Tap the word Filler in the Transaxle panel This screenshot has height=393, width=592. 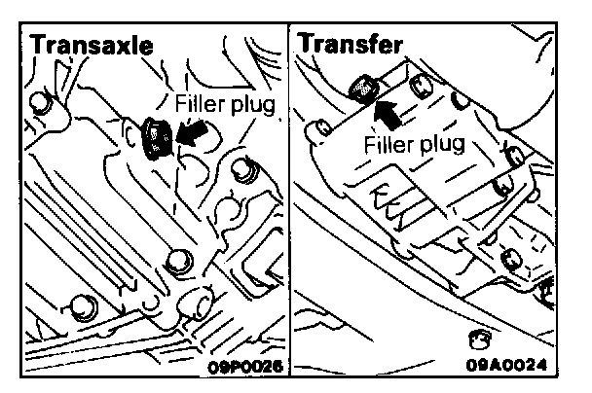coord(201,103)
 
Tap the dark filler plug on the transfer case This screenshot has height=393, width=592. coord(362,86)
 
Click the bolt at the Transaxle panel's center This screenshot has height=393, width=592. coord(177,259)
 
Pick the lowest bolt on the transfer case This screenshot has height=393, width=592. coord(507,258)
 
